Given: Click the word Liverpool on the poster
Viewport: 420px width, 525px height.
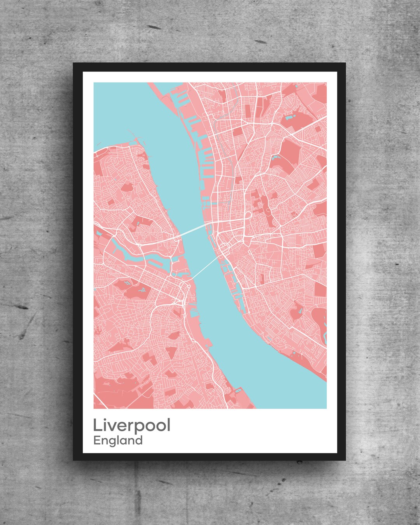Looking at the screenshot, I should [x=131, y=425].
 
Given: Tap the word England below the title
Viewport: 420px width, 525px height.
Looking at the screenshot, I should [x=118, y=441].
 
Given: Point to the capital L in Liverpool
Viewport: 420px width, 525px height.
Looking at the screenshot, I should [x=97, y=425].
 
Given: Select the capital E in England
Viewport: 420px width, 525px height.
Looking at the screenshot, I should [x=97, y=440].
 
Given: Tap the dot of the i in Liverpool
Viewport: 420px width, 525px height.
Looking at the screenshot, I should [x=105, y=419].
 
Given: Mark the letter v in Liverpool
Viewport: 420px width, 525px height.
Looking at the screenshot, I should [x=112, y=427].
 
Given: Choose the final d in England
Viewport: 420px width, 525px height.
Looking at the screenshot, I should [x=139, y=440].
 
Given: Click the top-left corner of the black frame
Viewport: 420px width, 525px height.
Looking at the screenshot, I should [x=73, y=63].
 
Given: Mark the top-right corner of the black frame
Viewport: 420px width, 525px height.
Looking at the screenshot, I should [x=345, y=63].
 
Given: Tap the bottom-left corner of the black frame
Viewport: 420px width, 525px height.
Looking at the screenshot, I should [x=73, y=460].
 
